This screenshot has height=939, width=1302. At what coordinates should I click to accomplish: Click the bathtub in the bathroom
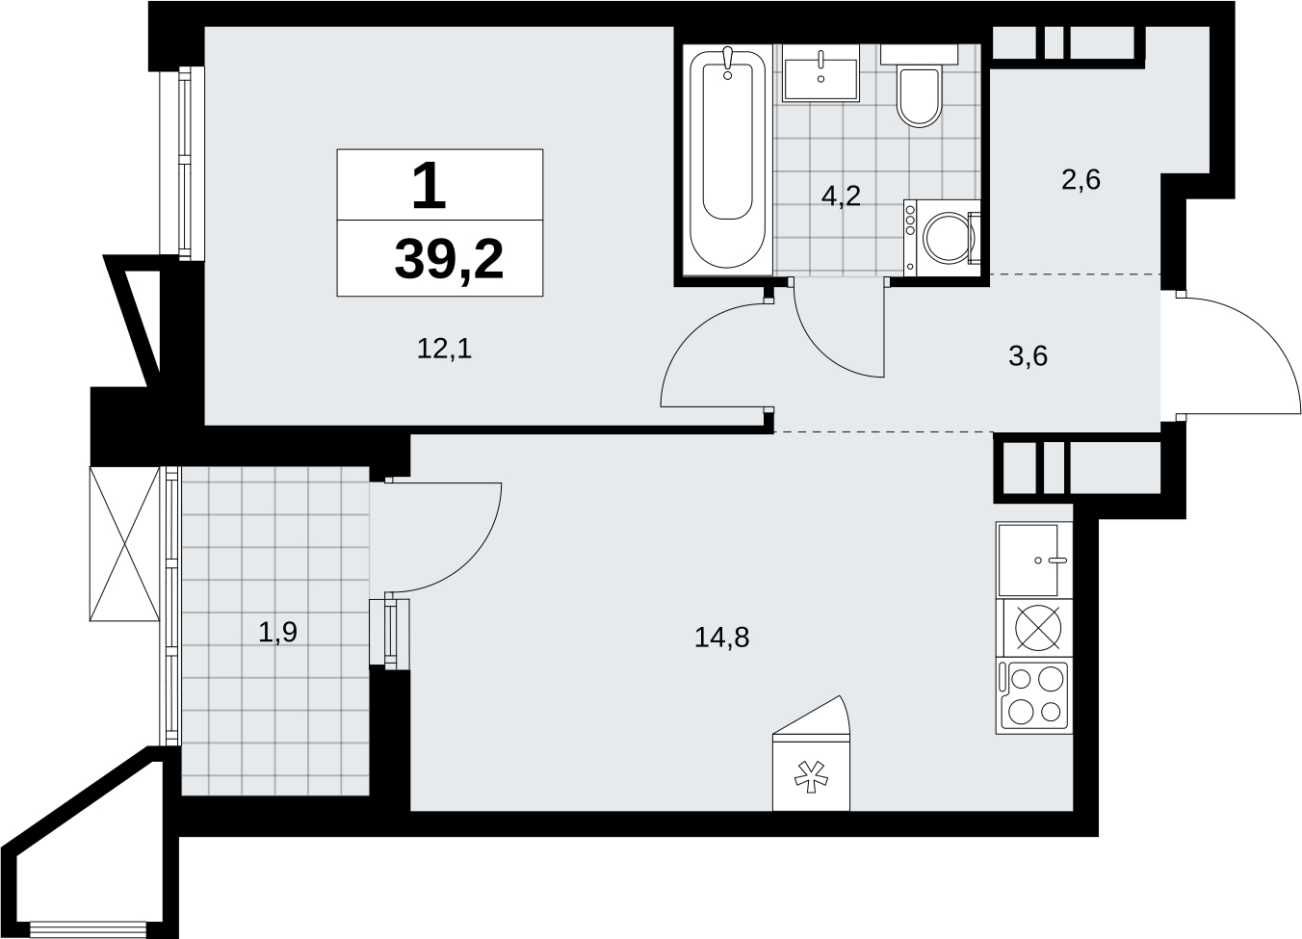click(x=727, y=159)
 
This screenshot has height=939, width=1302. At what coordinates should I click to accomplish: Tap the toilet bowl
click(x=919, y=96)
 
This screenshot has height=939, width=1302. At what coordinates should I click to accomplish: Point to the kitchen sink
click(x=1033, y=560)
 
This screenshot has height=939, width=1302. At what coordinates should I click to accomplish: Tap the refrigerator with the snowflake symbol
click(x=811, y=752)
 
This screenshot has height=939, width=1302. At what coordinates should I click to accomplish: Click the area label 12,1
click(x=444, y=350)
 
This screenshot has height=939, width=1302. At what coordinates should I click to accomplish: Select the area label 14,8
click(x=722, y=638)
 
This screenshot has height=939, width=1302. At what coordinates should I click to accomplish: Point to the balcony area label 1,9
click(x=278, y=633)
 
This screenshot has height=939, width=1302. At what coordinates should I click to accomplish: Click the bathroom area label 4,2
click(x=841, y=196)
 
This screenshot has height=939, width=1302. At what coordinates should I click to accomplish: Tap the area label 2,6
click(x=1081, y=180)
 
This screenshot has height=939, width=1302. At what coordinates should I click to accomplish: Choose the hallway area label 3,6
click(x=1029, y=356)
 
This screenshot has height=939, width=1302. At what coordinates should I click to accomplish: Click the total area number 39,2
click(x=449, y=259)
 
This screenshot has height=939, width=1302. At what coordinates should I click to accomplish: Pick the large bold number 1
click(x=429, y=186)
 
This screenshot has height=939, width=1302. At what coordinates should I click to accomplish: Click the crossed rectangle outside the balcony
click(x=124, y=543)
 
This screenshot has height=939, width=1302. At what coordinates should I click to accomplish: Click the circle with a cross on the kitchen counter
click(x=1038, y=628)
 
